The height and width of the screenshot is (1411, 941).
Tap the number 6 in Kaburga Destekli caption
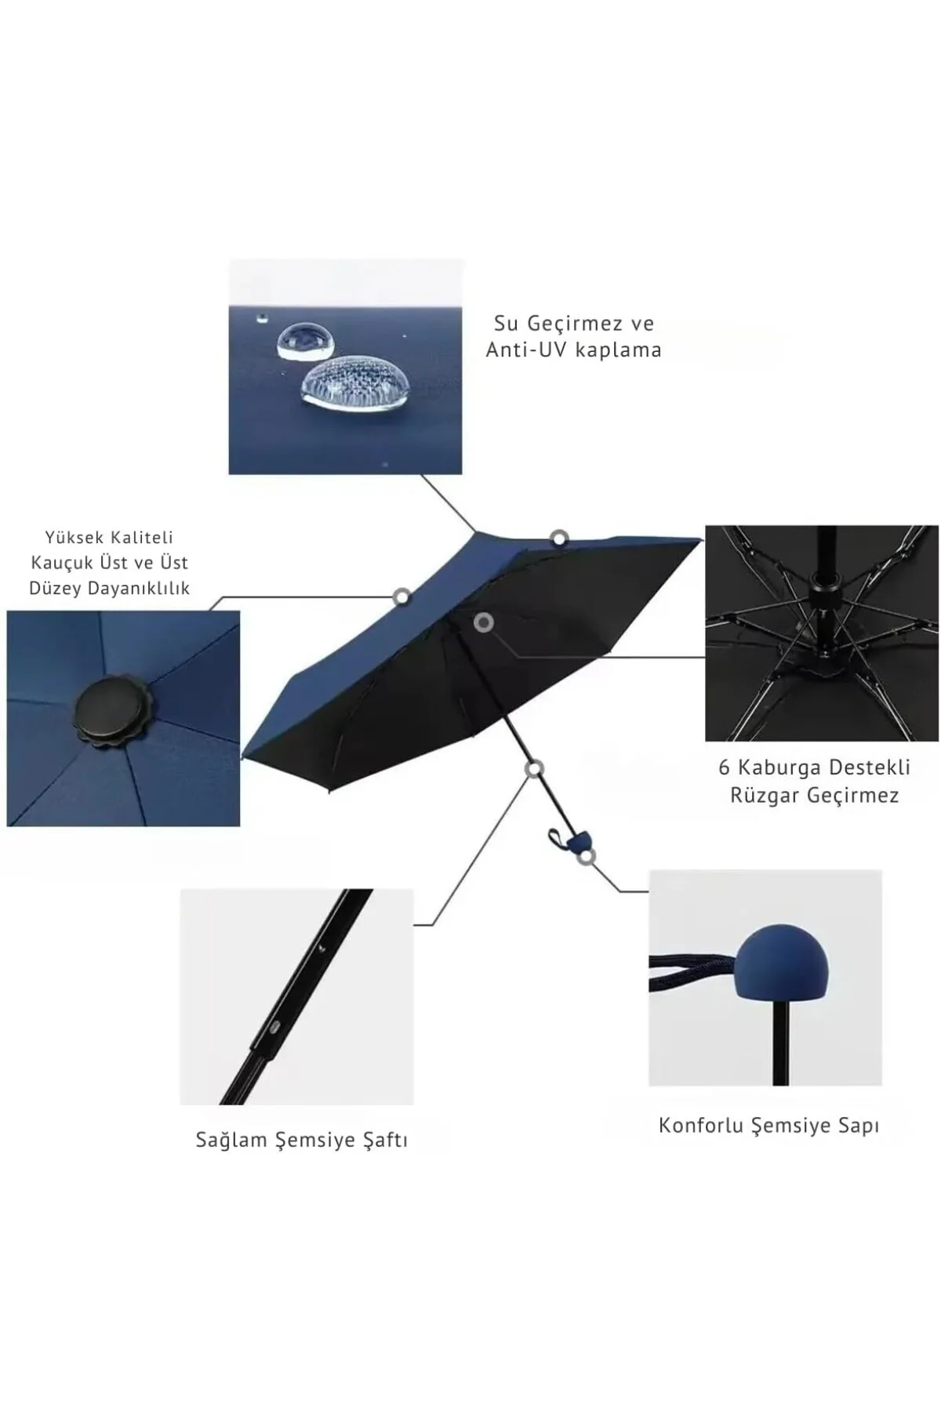(724, 767)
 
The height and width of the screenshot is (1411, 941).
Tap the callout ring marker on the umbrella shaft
(535, 769)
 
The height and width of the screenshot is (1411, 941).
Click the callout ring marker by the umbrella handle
(587, 857)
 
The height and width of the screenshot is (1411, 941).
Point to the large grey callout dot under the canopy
(484, 622)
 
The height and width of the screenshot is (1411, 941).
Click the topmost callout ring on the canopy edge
(558, 539)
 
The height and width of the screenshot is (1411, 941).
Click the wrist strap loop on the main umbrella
(557, 838)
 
